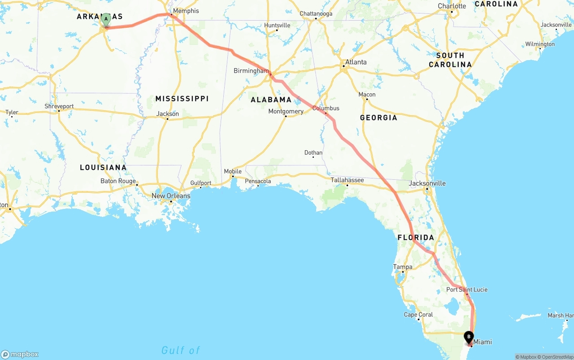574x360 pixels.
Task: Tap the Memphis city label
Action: (185, 11)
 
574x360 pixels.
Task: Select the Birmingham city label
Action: (251, 71)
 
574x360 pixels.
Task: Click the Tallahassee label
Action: (347, 180)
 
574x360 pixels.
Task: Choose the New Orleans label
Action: (171, 196)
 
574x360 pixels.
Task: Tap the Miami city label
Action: (483, 342)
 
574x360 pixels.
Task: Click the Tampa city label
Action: (402, 267)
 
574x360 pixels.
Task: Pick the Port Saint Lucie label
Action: (467, 290)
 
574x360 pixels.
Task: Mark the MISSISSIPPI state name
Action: (182, 99)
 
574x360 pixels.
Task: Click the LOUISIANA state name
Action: (103, 168)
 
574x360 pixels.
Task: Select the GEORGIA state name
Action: (378, 118)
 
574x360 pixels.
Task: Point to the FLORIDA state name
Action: (416, 238)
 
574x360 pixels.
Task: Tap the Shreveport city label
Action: (59, 107)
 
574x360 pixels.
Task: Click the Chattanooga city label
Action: (316, 14)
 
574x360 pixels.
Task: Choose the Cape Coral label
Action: (418, 315)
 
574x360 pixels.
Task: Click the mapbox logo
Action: (20, 354)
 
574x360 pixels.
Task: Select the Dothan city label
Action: (313, 153)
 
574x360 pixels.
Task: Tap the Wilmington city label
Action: (540, 44)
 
